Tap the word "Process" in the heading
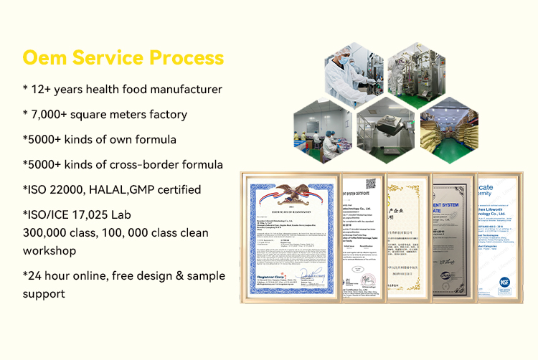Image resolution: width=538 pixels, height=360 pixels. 187,57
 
